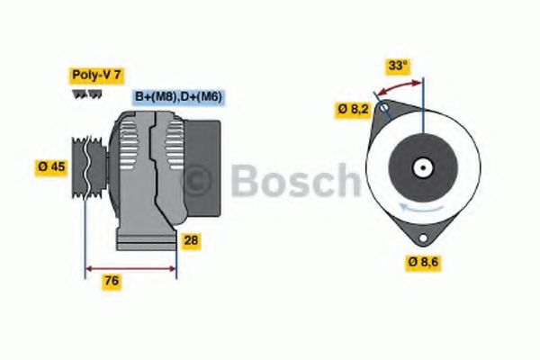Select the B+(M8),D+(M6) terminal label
click(x=178, y=96)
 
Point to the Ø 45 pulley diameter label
click(x=53, y=166)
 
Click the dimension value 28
click(x=191, y=240)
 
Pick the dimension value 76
click(x=112, y=281)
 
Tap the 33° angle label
click(x=398, y=66)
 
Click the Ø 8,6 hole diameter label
click(x=426, y=262)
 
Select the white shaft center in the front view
click(x=421, y=168)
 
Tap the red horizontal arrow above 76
click(x=130, y=267)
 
